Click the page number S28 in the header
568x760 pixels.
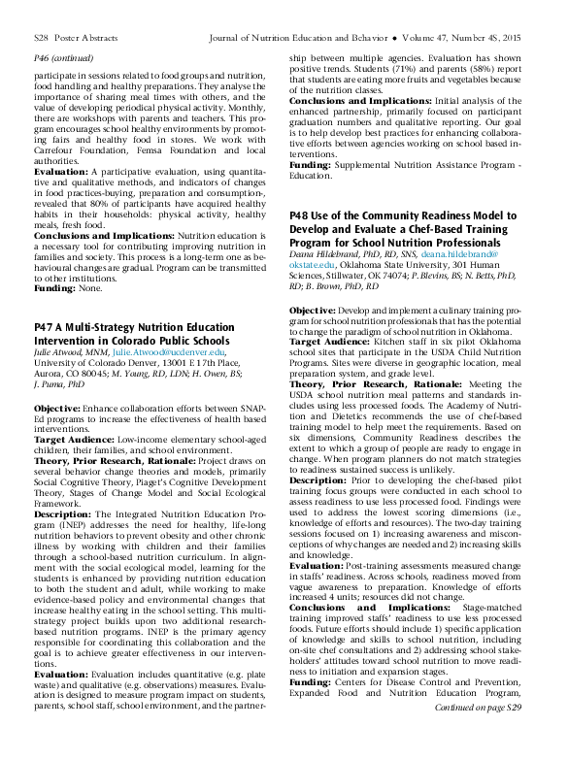pyautogui.click(x=41, y=39)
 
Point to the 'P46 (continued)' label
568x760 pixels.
pyautogui.click(x=62, y=58)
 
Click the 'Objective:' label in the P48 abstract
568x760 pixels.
pyautogui.click(x=314, y=309)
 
